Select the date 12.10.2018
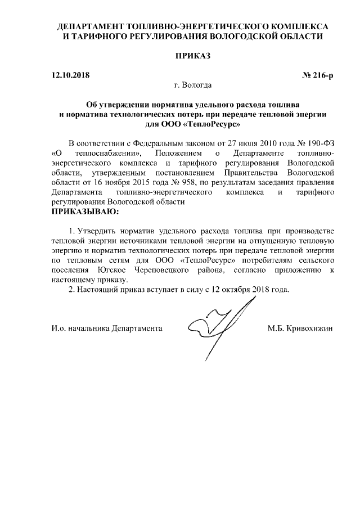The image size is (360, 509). pyautogui.click(x=70, y=75)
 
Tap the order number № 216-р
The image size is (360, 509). pyautogui.click(x=318, y=75)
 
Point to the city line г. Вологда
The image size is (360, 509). pyautogui.click(x=193, y=85)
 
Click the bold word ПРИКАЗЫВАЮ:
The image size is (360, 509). pyautogui.click(x=85, y=212)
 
